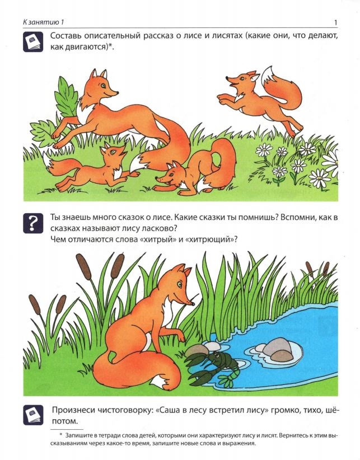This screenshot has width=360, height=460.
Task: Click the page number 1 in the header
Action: click(x=336, y=22)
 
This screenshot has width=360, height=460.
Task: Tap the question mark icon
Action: click(x=33, y=223)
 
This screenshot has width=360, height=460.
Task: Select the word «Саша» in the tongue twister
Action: click(x=168, y=410)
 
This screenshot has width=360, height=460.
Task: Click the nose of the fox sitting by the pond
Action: click(x=194, y=303)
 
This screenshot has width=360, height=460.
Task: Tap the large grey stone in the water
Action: click(x=277, y=348)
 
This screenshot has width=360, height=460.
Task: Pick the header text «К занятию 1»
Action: click(x=44, y=22)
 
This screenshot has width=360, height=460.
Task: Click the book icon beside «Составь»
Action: click(x=33, y=42)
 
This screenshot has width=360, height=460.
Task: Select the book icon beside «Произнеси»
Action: click(x=33, y=415)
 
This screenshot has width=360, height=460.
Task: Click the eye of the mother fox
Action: click(x=103, y=86)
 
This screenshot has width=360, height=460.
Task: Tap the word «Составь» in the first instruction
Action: click(x=65, y=36)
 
